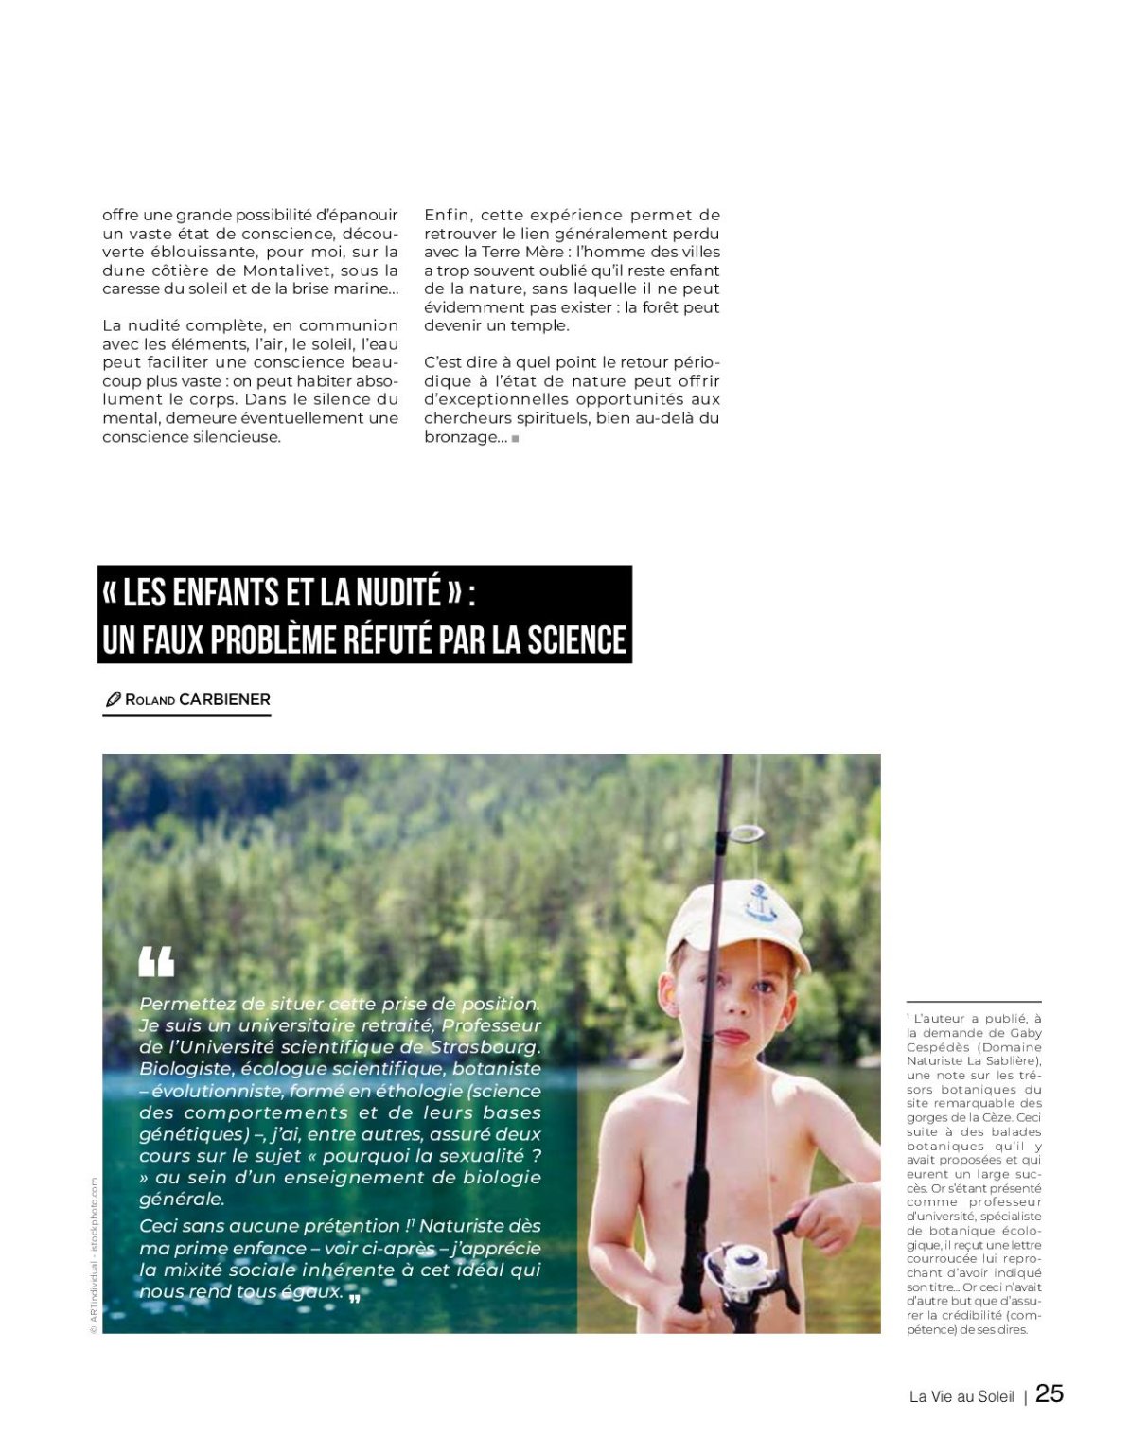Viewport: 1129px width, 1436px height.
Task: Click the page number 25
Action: point(1050,1393)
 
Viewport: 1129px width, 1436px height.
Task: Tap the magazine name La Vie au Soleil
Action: point(961,1396)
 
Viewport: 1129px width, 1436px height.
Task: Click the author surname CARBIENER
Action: point(224,699)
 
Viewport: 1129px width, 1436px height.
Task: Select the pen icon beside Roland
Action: point(113,700)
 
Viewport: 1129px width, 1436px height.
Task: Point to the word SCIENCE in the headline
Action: point(576,639)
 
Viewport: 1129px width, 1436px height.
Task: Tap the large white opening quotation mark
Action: point(156,961)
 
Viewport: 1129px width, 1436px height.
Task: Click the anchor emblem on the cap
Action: point(756,901)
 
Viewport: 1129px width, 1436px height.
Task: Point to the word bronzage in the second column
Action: point(460,437)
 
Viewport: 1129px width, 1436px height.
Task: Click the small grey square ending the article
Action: point(515,438)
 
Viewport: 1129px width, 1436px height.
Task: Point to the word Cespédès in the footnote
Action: point(936,1047)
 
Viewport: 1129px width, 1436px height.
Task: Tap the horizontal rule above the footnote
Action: point(974,1002)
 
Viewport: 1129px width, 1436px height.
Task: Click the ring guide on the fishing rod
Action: point(747,833)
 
